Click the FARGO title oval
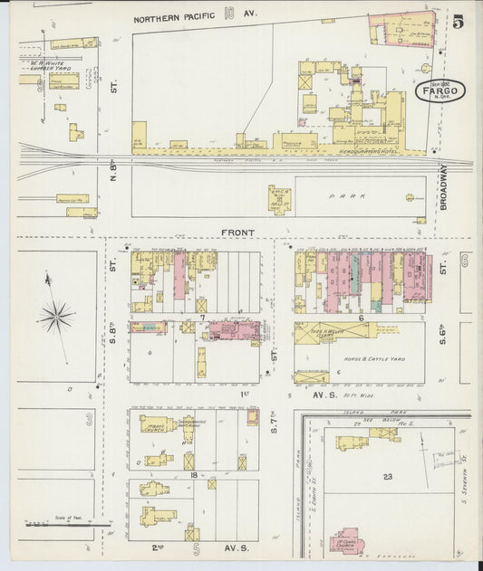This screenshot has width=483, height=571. tap(440, 90)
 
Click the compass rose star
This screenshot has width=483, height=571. tap(56, 316)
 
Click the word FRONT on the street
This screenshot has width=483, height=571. tap(238, 233)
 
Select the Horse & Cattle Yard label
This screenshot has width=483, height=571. tap(373, 358)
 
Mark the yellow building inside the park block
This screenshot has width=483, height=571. tap(279, 199)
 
